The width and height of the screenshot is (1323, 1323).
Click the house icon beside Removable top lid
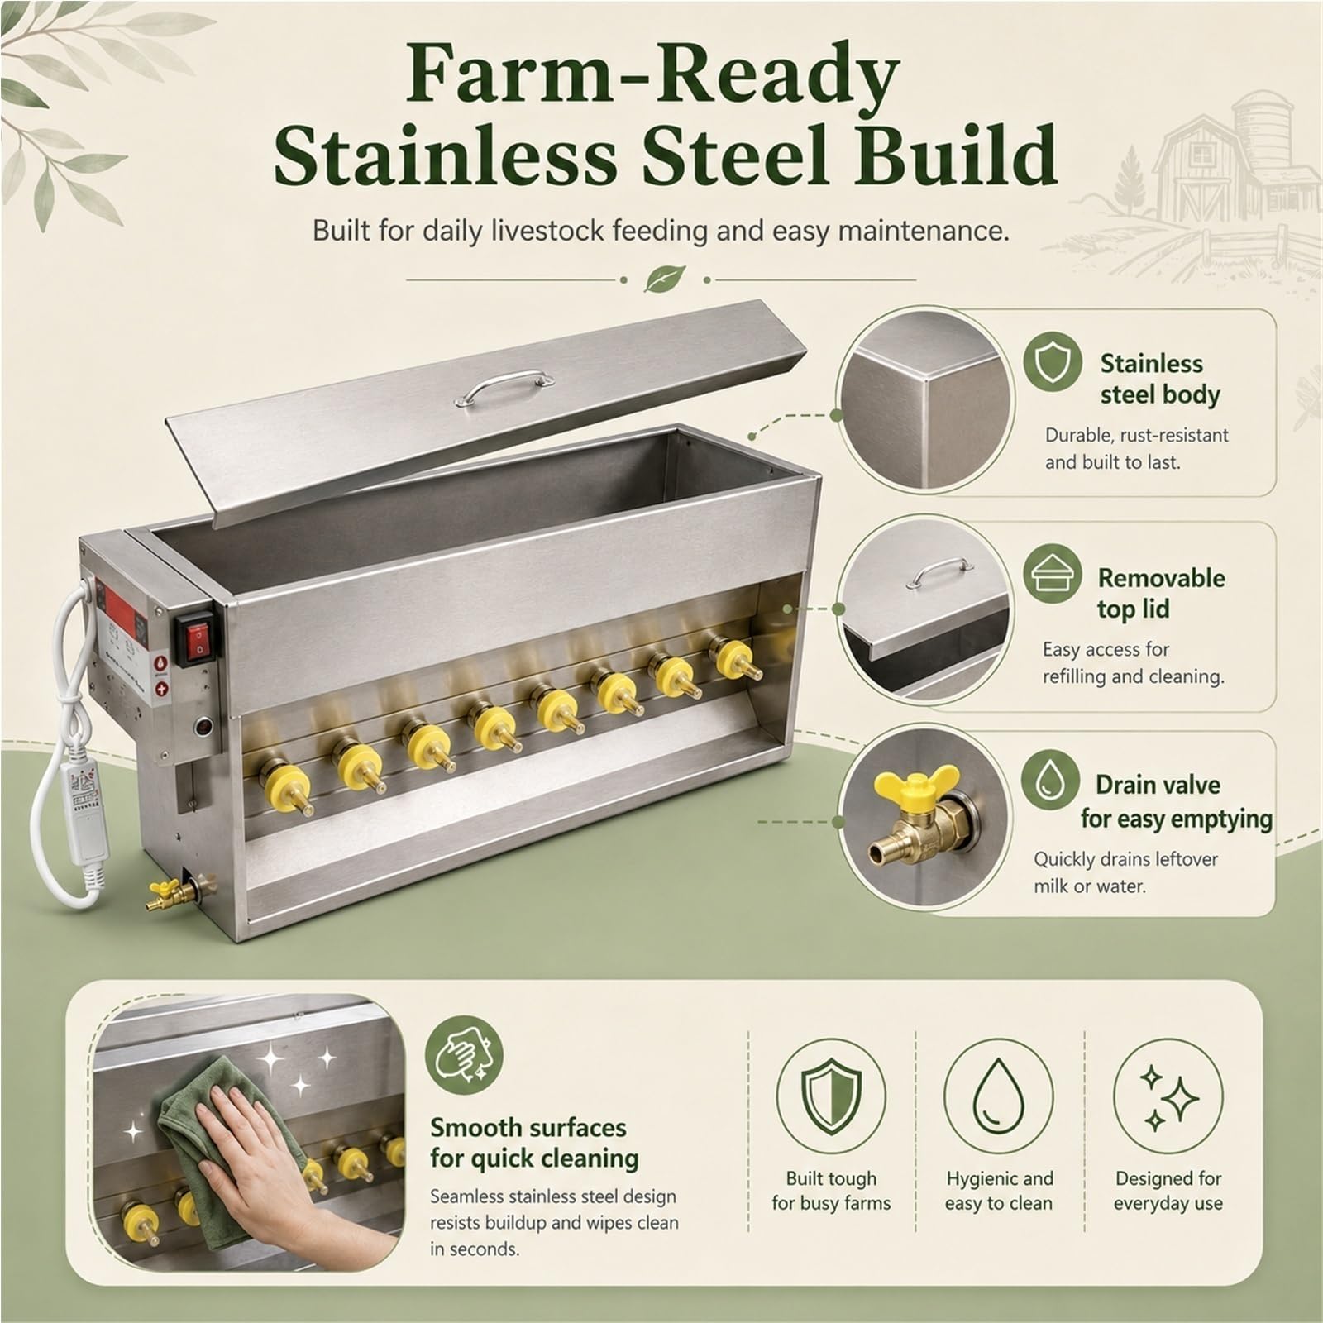point(1053,574)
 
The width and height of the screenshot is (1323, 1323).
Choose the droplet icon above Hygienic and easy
point(998,1097)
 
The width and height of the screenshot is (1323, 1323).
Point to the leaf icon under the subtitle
point(659,279)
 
